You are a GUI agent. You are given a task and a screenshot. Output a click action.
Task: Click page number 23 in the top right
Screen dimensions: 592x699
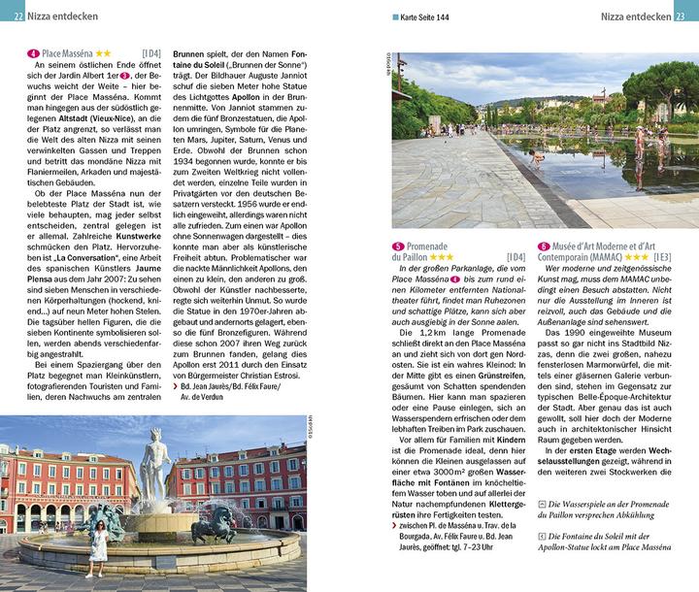[684, 16]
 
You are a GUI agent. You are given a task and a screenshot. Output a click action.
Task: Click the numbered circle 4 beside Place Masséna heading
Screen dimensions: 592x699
[33, 52]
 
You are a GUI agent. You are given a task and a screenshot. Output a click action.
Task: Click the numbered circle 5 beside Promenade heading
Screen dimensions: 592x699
[398, 247]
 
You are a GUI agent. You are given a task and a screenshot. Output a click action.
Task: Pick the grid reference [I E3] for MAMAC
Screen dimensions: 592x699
[661, 258]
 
